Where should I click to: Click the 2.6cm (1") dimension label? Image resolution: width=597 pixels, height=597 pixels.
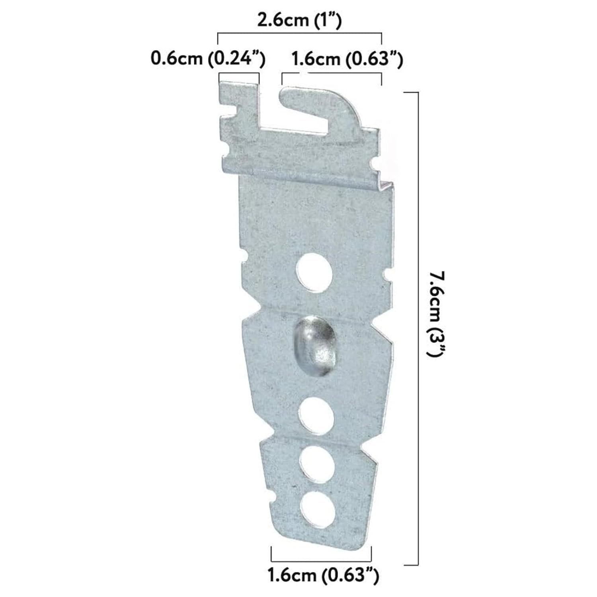(299, 20)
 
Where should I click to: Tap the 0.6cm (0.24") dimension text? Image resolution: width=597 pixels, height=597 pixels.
(208, 59)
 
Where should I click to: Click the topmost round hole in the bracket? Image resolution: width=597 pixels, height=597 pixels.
(314, 271)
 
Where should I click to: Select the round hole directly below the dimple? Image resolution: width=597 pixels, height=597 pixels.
(316, 415)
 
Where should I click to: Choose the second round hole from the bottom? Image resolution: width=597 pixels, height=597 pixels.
(316, 464)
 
